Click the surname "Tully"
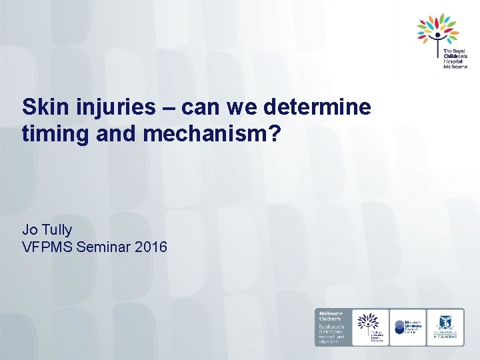click(x=58, y=230)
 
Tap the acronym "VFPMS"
click(x=48, y=247)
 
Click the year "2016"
click(x=151, y=247)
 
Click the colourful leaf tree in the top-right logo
click(x=438, y=29)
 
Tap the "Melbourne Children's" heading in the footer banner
click(x=331, y=316)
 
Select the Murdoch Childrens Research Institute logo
click(x=407, y=327)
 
